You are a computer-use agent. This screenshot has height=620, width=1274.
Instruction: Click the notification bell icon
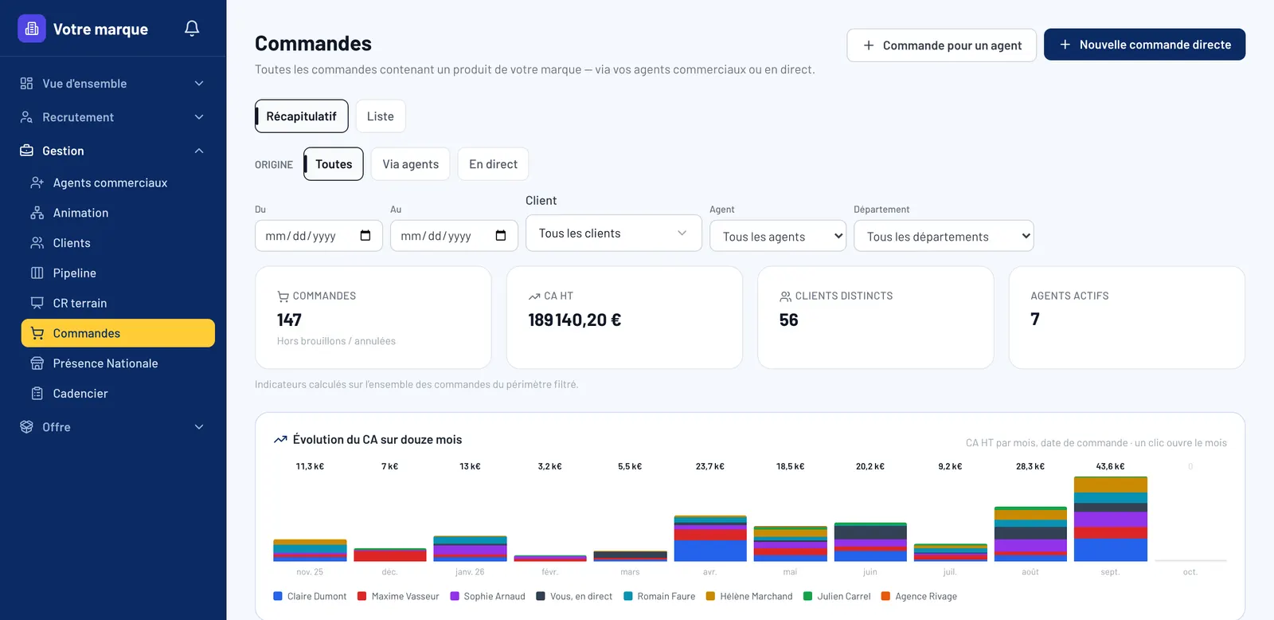pyautogui.click(x=192, y=28)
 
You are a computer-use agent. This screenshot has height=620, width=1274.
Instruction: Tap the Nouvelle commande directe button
pyautogui.click(x=1144, y=45)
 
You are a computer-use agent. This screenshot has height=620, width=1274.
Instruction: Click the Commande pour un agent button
pyautogui.click(x=941, y=45)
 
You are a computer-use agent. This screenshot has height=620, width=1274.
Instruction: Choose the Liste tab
pyautogui.click(x=381, y=116)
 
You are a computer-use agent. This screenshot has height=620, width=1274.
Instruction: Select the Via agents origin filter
pyautogui.click(x=410, y=164)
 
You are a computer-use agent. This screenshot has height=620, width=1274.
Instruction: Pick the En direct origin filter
pyautogui.click(x=493, y=164)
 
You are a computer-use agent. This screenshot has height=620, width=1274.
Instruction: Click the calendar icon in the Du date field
pyautogui.click(x=365, y=236)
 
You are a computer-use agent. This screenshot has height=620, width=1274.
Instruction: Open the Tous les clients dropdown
pyautogui.click(x=614, y=233)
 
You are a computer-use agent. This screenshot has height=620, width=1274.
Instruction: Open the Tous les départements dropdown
pyautogui.click(x=944, y=236)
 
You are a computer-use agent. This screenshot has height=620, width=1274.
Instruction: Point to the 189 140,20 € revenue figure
pyautogui.click(x=574, y=320)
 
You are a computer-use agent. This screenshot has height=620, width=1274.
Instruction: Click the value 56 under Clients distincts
pyautogui.click(x=788, y=320)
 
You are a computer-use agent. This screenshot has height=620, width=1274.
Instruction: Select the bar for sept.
pyautogui.click(x=1110, y=519)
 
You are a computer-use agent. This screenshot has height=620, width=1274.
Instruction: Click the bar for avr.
pyautogui.click(x=709, y=539)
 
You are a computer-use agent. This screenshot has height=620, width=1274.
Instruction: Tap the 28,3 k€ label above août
pyautogui.click(x=1030, y=466)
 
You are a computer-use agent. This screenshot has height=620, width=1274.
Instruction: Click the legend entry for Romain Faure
pyautogui.click(x=659, y=596)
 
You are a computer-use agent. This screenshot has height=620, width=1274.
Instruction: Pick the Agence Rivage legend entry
pyautogui.click(x=919, y=596)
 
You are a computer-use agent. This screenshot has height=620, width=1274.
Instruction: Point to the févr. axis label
pyautogui.click(x=549, y=571)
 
